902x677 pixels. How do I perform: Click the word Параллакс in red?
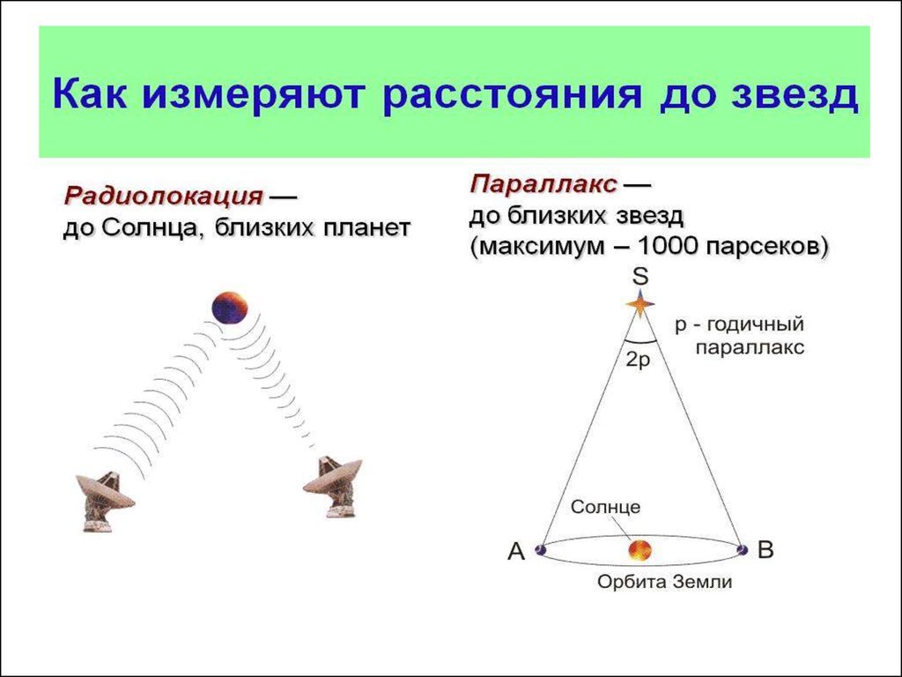pos(543,185)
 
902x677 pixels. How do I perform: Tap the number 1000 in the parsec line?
pos(669,247)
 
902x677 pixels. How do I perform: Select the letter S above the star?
pos(640,277)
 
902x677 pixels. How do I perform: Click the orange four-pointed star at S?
pos(640,304)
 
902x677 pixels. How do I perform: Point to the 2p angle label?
pos(638,361)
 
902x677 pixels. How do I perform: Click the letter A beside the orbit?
pos(516,552)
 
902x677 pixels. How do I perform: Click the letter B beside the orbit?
pos(765,550)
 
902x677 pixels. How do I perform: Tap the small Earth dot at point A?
pos(540,549)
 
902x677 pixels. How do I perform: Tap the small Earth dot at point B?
pos(743,550)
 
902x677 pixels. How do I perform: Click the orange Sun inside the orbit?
pos(640,550)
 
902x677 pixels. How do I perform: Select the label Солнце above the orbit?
pos(605,507)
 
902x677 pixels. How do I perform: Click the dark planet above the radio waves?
pos(230,308)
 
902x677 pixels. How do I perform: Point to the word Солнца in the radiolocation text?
pos(151,228)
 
